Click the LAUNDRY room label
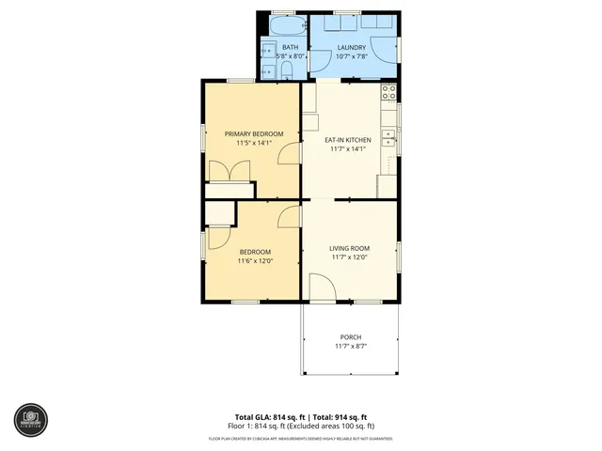[x=352, y=47]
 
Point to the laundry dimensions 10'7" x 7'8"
[x=352, y=56]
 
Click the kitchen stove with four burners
[x=387, y=92]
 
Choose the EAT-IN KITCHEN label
[x=348, y=140]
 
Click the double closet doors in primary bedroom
[x=230, y=172]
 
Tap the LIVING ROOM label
[x=349, y=248]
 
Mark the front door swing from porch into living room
[x=320, y=287]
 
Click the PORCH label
[x=349, y=337]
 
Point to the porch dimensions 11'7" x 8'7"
[x=349, y=347]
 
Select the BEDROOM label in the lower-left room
[x=255, y=251]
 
